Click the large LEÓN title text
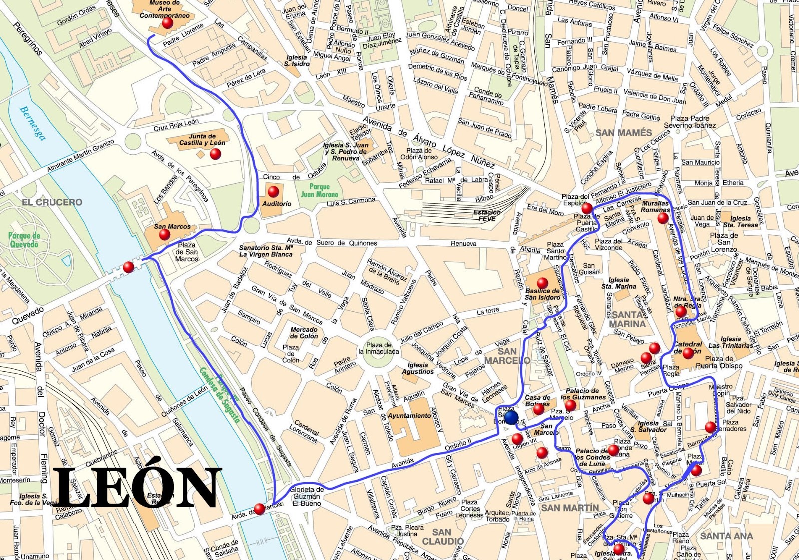pos(137,487)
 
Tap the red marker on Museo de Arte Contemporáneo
pos(167,23)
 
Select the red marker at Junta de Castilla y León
pos(215,154)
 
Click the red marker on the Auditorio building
pos(273,191)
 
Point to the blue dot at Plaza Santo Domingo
pos(511,417)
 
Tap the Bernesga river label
pos(32,123)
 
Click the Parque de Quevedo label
pos(23,240)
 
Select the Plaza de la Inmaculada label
pos(379,348)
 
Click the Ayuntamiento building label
pos(409,415)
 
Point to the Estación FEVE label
pos(487,215)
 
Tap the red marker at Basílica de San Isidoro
pos(542,284)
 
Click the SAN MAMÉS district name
pos(624,133)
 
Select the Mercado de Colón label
pos(304,333)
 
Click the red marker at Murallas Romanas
pos(663,218)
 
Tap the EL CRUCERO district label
pos(52,202)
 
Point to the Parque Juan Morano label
pos(319,190)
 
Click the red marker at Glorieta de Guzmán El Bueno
pos(259,509)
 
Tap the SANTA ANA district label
pos(726,536)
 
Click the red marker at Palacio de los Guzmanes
pos(570,405)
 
